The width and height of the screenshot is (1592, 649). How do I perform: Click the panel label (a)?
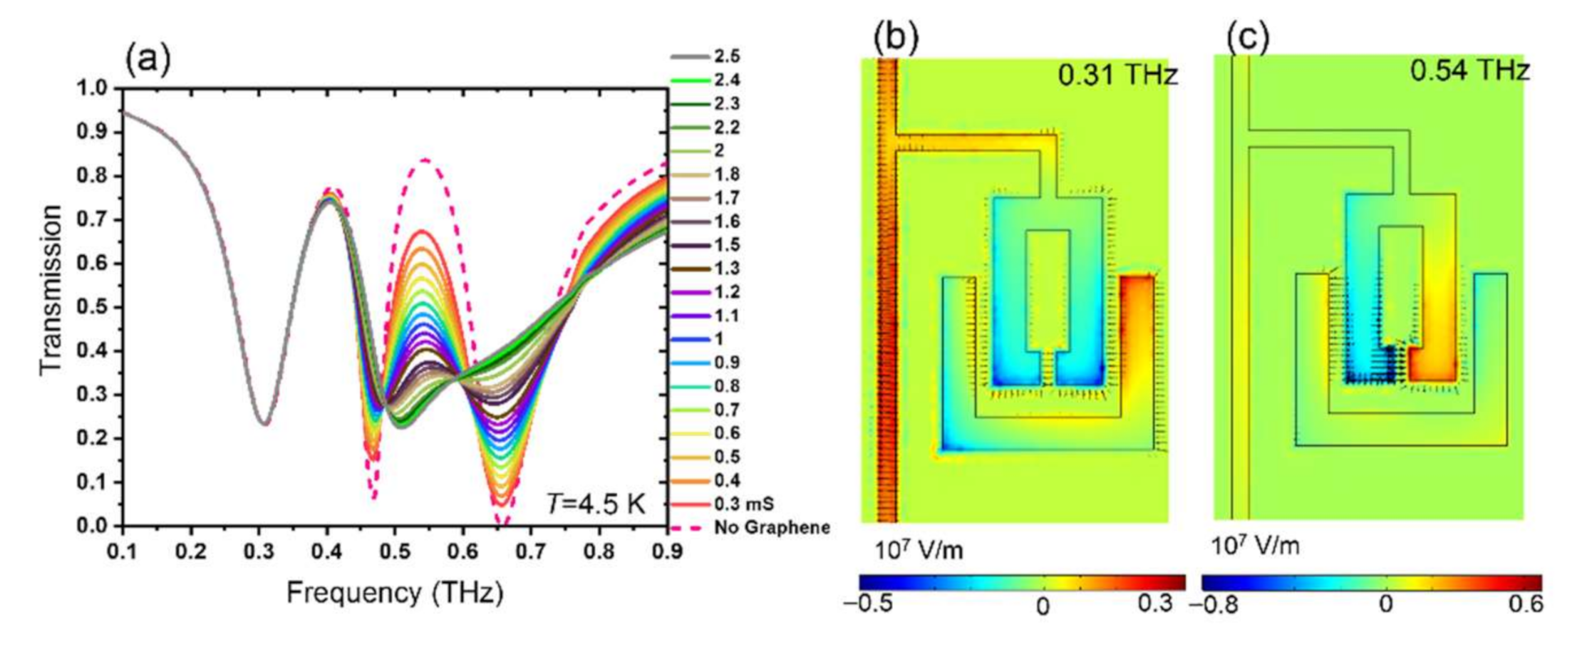point(148,60)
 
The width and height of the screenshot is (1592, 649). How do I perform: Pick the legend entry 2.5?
point(727,56)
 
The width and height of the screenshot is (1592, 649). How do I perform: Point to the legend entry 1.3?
point(727,269)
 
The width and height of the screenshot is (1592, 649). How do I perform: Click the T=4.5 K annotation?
point(596,504)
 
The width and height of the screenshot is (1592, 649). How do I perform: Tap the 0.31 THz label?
point(1117,74)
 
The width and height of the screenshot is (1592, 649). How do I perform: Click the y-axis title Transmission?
point(51,289)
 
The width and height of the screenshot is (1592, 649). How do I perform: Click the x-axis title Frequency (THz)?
point(395,593)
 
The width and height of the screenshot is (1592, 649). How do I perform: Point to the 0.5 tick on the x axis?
point(395,551)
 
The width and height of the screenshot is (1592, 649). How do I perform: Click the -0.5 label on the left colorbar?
point(868,604)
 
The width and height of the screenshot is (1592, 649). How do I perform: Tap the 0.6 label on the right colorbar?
point(1526,604)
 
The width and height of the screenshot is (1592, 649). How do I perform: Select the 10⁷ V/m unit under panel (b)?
point(919,549)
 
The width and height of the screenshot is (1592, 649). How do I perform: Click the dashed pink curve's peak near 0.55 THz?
point(425,160)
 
